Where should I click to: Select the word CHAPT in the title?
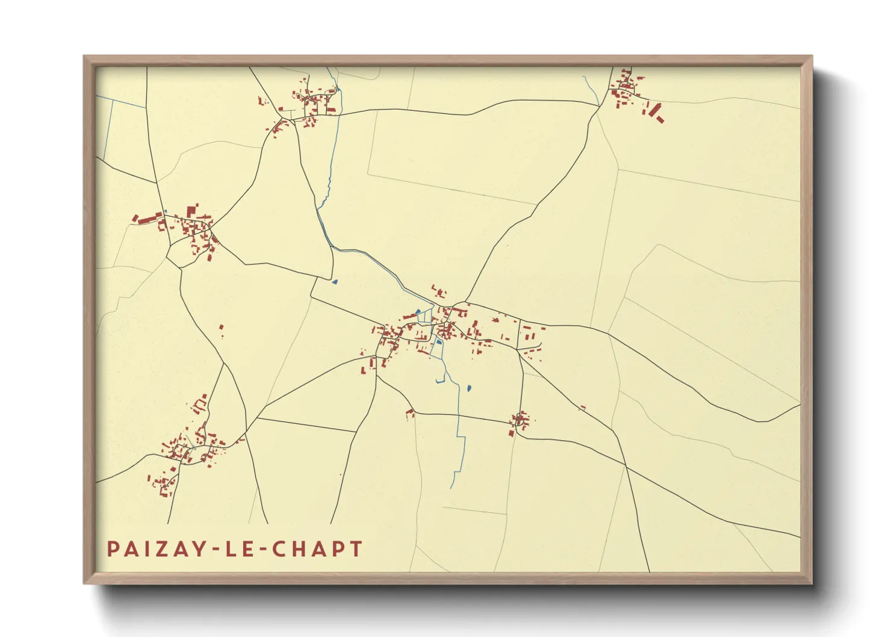pos(317,549)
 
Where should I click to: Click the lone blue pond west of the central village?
pos(335,281)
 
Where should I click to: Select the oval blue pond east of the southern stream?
pos(468,388)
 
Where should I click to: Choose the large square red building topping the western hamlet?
pos(191,211)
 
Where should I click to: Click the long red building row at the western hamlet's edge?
pos(148,219)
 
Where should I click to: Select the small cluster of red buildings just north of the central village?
pos(439,293)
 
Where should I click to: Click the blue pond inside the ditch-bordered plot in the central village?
pos(439,342)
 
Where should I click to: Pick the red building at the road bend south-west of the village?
pos(410,414)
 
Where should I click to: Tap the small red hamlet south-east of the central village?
pos(520,420)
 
